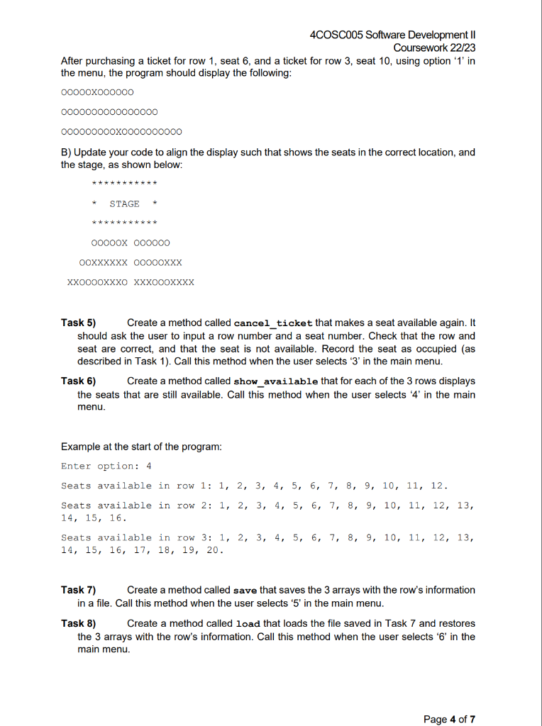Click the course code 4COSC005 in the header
coord(337,35)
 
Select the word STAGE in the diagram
coord(124,204)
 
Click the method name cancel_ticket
coord(270,323)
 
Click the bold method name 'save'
coord(245,591)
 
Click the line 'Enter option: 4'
coord(106,466)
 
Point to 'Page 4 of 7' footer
coord(449,719)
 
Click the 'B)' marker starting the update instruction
coord(67,152)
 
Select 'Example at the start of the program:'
coord(141,447)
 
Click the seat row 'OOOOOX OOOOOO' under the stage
coord(131,242)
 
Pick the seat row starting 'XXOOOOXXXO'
coord(130,282)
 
